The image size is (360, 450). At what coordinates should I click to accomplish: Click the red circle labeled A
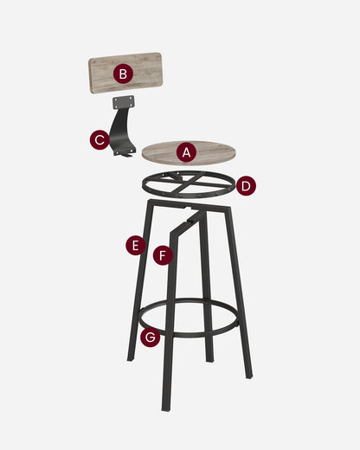click(185, 152)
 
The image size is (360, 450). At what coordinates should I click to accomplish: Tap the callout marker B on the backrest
click(123, 74)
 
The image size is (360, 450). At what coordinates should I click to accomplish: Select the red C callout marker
click(100, 138)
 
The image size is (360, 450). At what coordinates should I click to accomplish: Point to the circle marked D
click(246, 185)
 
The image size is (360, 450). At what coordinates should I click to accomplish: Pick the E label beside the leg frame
click(134, 245)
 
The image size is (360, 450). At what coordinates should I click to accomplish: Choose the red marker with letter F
click(163, 255)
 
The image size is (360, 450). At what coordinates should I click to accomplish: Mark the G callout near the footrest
click(150, 337)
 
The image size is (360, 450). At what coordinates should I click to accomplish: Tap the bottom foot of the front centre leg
click(164, 407)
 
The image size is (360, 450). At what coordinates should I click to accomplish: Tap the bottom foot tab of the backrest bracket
click(125, 153)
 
